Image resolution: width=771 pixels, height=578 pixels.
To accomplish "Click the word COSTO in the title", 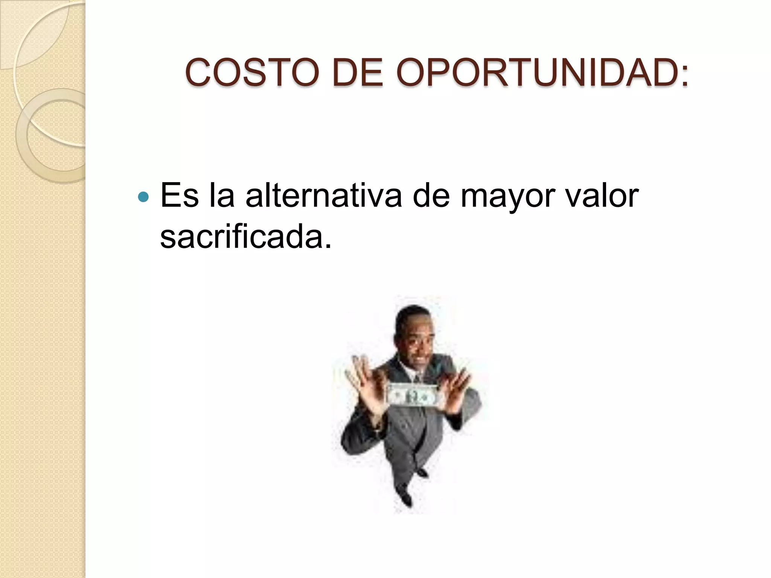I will click(250, 73).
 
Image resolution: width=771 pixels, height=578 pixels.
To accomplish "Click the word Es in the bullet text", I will click(179, 196).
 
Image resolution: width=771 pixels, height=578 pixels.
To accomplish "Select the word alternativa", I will click(324, 196).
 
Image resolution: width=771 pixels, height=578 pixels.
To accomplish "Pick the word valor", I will click(605, 196).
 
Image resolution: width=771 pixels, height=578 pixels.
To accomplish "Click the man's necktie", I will click(417, 377).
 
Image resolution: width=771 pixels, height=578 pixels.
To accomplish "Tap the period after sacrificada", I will click(328, 246).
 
